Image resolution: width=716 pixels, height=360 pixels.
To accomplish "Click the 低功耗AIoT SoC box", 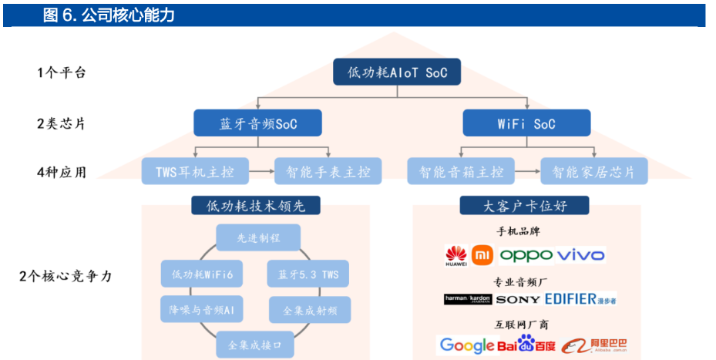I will click(397, 72).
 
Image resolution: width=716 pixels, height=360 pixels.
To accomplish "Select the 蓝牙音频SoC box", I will click(257, 123).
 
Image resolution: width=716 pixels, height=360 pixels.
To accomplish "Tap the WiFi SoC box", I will click(527, 123).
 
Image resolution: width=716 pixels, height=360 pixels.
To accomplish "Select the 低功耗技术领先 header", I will click(256, 206).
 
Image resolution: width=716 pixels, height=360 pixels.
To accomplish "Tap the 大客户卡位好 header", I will click(525, 206).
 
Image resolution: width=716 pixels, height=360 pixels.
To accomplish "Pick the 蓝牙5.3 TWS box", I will click(308, 274).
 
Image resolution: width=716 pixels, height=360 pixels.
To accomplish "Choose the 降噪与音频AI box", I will click(202, 309).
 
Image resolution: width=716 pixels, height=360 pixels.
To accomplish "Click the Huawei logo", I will click(456, 255).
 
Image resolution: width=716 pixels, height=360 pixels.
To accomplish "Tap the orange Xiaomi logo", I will click(482, 254).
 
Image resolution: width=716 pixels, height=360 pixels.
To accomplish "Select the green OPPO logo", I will click(526, 254).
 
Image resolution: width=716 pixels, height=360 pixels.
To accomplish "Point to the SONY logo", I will click(517, 299).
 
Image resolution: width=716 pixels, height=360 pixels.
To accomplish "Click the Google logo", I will click(466, 345).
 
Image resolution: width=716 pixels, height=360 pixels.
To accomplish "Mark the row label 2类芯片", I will click(61, 123).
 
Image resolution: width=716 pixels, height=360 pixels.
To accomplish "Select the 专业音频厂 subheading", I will click(524, 281).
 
